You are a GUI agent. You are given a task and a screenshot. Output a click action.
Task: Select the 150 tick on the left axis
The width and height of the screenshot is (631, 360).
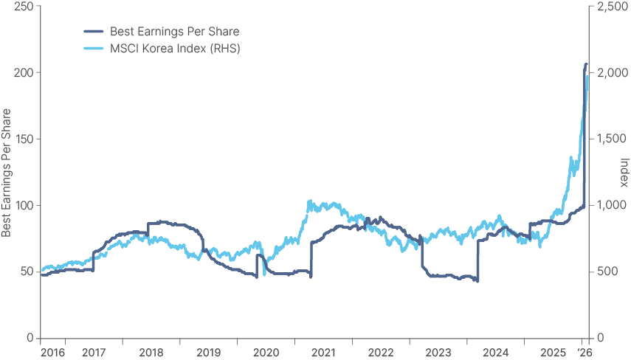point(23,139)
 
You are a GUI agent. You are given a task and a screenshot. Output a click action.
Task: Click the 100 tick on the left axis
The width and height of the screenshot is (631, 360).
point(23,206)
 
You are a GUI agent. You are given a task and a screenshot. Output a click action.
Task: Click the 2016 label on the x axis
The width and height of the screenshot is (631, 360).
point(52,353)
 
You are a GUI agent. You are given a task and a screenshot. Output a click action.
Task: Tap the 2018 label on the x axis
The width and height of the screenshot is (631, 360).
point(151,353)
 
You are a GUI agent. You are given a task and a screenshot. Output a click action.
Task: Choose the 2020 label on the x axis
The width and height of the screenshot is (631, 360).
point(266,353)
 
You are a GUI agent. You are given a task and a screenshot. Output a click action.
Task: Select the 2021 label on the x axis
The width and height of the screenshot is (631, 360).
point(323,353)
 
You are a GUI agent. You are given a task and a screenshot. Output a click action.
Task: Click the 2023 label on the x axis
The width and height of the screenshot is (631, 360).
point(438,353)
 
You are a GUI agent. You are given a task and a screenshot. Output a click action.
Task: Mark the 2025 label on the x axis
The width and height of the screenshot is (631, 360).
point(554,353)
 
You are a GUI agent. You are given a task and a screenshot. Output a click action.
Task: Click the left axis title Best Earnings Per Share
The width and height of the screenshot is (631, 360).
point(7,173)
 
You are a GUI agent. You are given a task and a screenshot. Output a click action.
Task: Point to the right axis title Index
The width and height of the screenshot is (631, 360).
point(624,173)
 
